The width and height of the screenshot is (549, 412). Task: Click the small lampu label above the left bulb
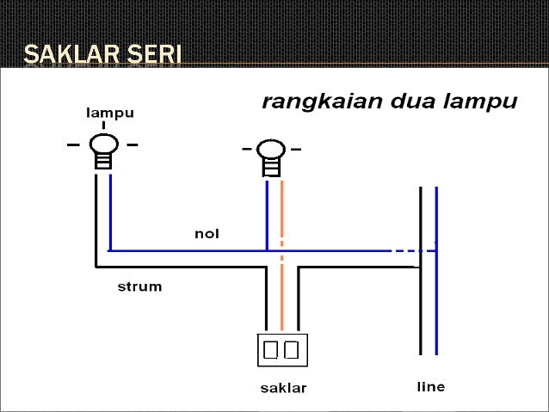click(x=110, y=113)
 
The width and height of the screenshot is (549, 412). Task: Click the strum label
click(x=139, y=286)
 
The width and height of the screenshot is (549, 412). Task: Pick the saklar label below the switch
click(x=283, y=387)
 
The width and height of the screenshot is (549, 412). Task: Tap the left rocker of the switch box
click(x=271, y=349)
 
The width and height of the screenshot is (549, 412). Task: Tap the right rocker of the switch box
click(x=291, y=349)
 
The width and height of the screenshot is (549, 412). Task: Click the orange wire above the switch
click(x=281, y=292)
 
